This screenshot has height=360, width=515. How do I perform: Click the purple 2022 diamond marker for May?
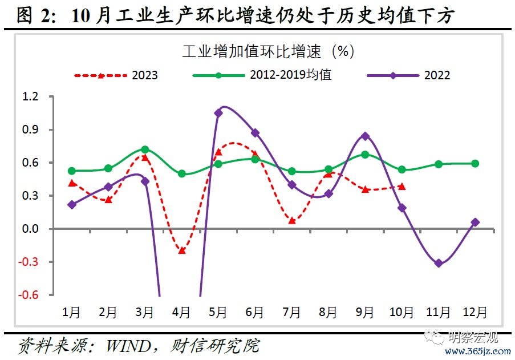(218, 113)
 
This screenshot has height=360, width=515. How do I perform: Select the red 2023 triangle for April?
(182, 250)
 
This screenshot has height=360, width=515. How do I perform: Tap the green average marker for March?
(145, 149)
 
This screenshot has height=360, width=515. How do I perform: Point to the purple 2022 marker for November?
(439, 264)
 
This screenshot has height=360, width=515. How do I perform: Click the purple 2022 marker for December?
(475, 222)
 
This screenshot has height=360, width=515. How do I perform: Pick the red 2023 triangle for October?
(402, 186)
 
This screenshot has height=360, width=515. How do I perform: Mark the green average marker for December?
(475, 164)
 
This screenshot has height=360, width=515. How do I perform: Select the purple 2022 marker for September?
(365, 136)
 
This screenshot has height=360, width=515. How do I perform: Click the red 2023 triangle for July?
(292, 220)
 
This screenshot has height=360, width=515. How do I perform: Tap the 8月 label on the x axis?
(329, 312)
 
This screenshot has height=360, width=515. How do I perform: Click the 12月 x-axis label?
(475, 312)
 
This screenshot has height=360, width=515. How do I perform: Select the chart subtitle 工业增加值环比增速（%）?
(268, 51)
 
